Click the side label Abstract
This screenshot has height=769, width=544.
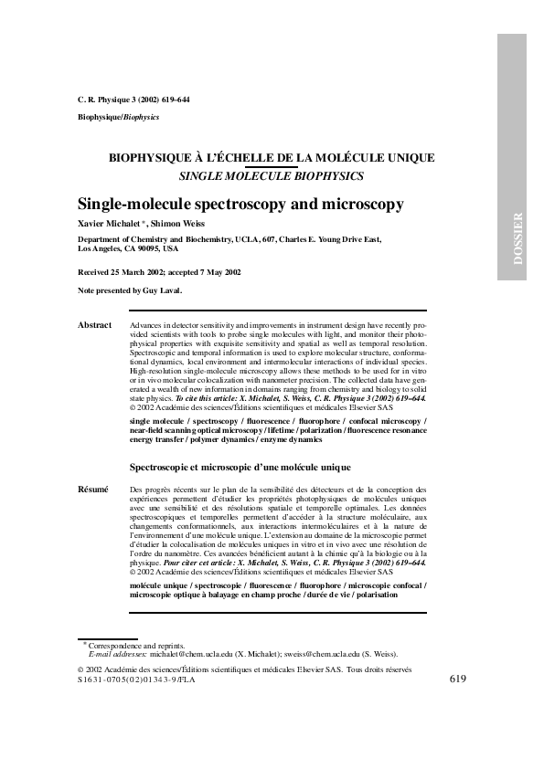[x=94, y=325]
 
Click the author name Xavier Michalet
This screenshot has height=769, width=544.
[x=105, y=224]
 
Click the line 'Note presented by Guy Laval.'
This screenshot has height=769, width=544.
[x=130, y=290]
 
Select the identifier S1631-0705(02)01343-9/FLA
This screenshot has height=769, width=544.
[x=137, y=680]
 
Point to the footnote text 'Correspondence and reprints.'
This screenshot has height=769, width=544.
[x=136, y=645]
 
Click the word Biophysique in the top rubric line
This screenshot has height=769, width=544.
[x=94, y=118]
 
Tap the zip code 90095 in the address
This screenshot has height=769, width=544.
[x=146, y=248]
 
